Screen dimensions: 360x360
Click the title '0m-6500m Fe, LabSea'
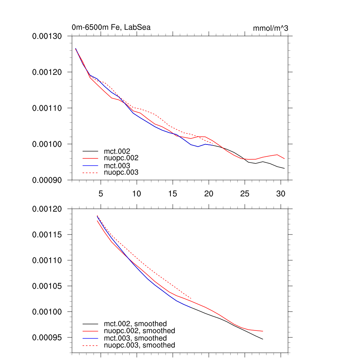[x=111, y=27]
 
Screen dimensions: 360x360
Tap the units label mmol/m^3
[x=270, y=28]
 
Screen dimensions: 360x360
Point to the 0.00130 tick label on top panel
[x=47, y=36]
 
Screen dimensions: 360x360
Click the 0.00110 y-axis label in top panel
[x=47, y=108]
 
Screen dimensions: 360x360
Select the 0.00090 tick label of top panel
[x=47, y=180]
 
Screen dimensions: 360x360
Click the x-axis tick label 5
[x=101, y=193]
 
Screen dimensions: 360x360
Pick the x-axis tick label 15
[x=173, y=193]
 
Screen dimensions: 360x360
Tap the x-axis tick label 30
[x=281, y=193]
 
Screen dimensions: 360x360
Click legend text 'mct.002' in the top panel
[x=119, y=151]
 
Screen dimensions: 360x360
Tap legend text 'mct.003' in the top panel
[x=119, y=165]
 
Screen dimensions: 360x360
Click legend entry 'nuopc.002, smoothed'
[x=139, y=331]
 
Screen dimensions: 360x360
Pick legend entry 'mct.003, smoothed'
[x=135, y=338]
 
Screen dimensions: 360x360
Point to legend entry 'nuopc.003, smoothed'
[x=139, y=345]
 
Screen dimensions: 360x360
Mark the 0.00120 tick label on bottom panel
[x=47, y=209]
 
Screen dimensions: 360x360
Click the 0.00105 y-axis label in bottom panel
[x=47, y=286]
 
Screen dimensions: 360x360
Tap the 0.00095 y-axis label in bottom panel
[x=47, y=337]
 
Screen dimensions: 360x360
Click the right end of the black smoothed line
[x=263, y=339]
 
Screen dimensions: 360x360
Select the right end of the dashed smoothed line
[x=191, y=298]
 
